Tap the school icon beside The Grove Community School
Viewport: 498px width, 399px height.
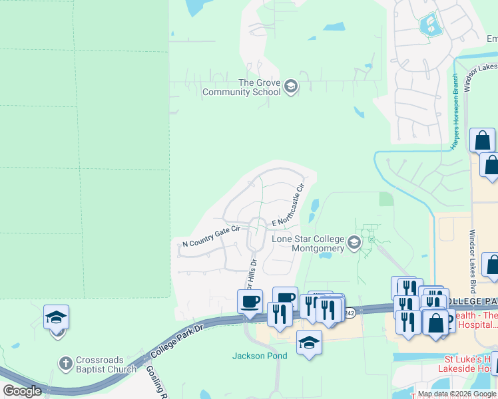290,86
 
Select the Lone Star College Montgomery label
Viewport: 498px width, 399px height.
308,243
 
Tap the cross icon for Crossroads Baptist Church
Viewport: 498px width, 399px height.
65,364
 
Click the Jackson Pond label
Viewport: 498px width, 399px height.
260,356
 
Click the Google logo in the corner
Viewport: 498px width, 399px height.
22,391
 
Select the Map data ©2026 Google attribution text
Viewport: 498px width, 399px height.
457,394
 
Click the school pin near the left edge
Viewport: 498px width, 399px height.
57,318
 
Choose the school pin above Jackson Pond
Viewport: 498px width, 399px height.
308,343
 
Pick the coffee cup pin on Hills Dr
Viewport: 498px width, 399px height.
250,302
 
